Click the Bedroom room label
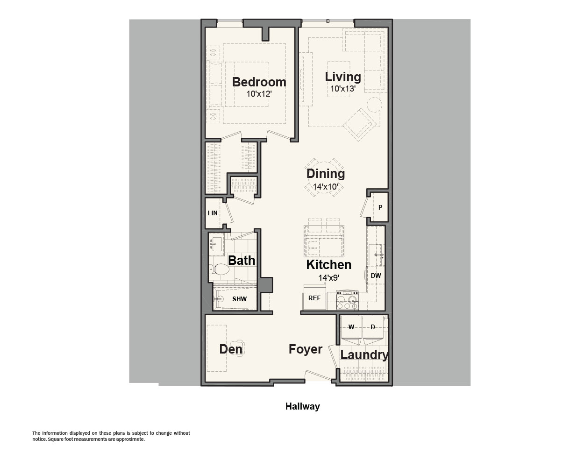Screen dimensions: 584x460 (259, 82)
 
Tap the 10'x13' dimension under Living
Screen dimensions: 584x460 (343, 89)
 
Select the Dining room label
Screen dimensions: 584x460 (326, 174)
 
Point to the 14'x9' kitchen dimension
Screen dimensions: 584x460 (329, 278)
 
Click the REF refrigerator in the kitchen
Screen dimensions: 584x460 (314, 298)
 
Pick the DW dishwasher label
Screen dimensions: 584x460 (376, 276)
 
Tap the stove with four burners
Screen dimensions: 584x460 (347, 300)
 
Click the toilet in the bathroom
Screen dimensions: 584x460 (219, 270)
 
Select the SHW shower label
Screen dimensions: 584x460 (239, 299)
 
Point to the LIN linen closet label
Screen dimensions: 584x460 (213, 213)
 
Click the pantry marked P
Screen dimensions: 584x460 (380, 207)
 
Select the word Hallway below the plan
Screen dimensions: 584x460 (303, 406)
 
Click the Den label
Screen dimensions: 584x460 (231, 349)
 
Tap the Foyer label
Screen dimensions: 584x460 (306, 349)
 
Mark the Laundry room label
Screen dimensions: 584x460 (364, 355)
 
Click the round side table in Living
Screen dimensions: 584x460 (375, 105)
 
